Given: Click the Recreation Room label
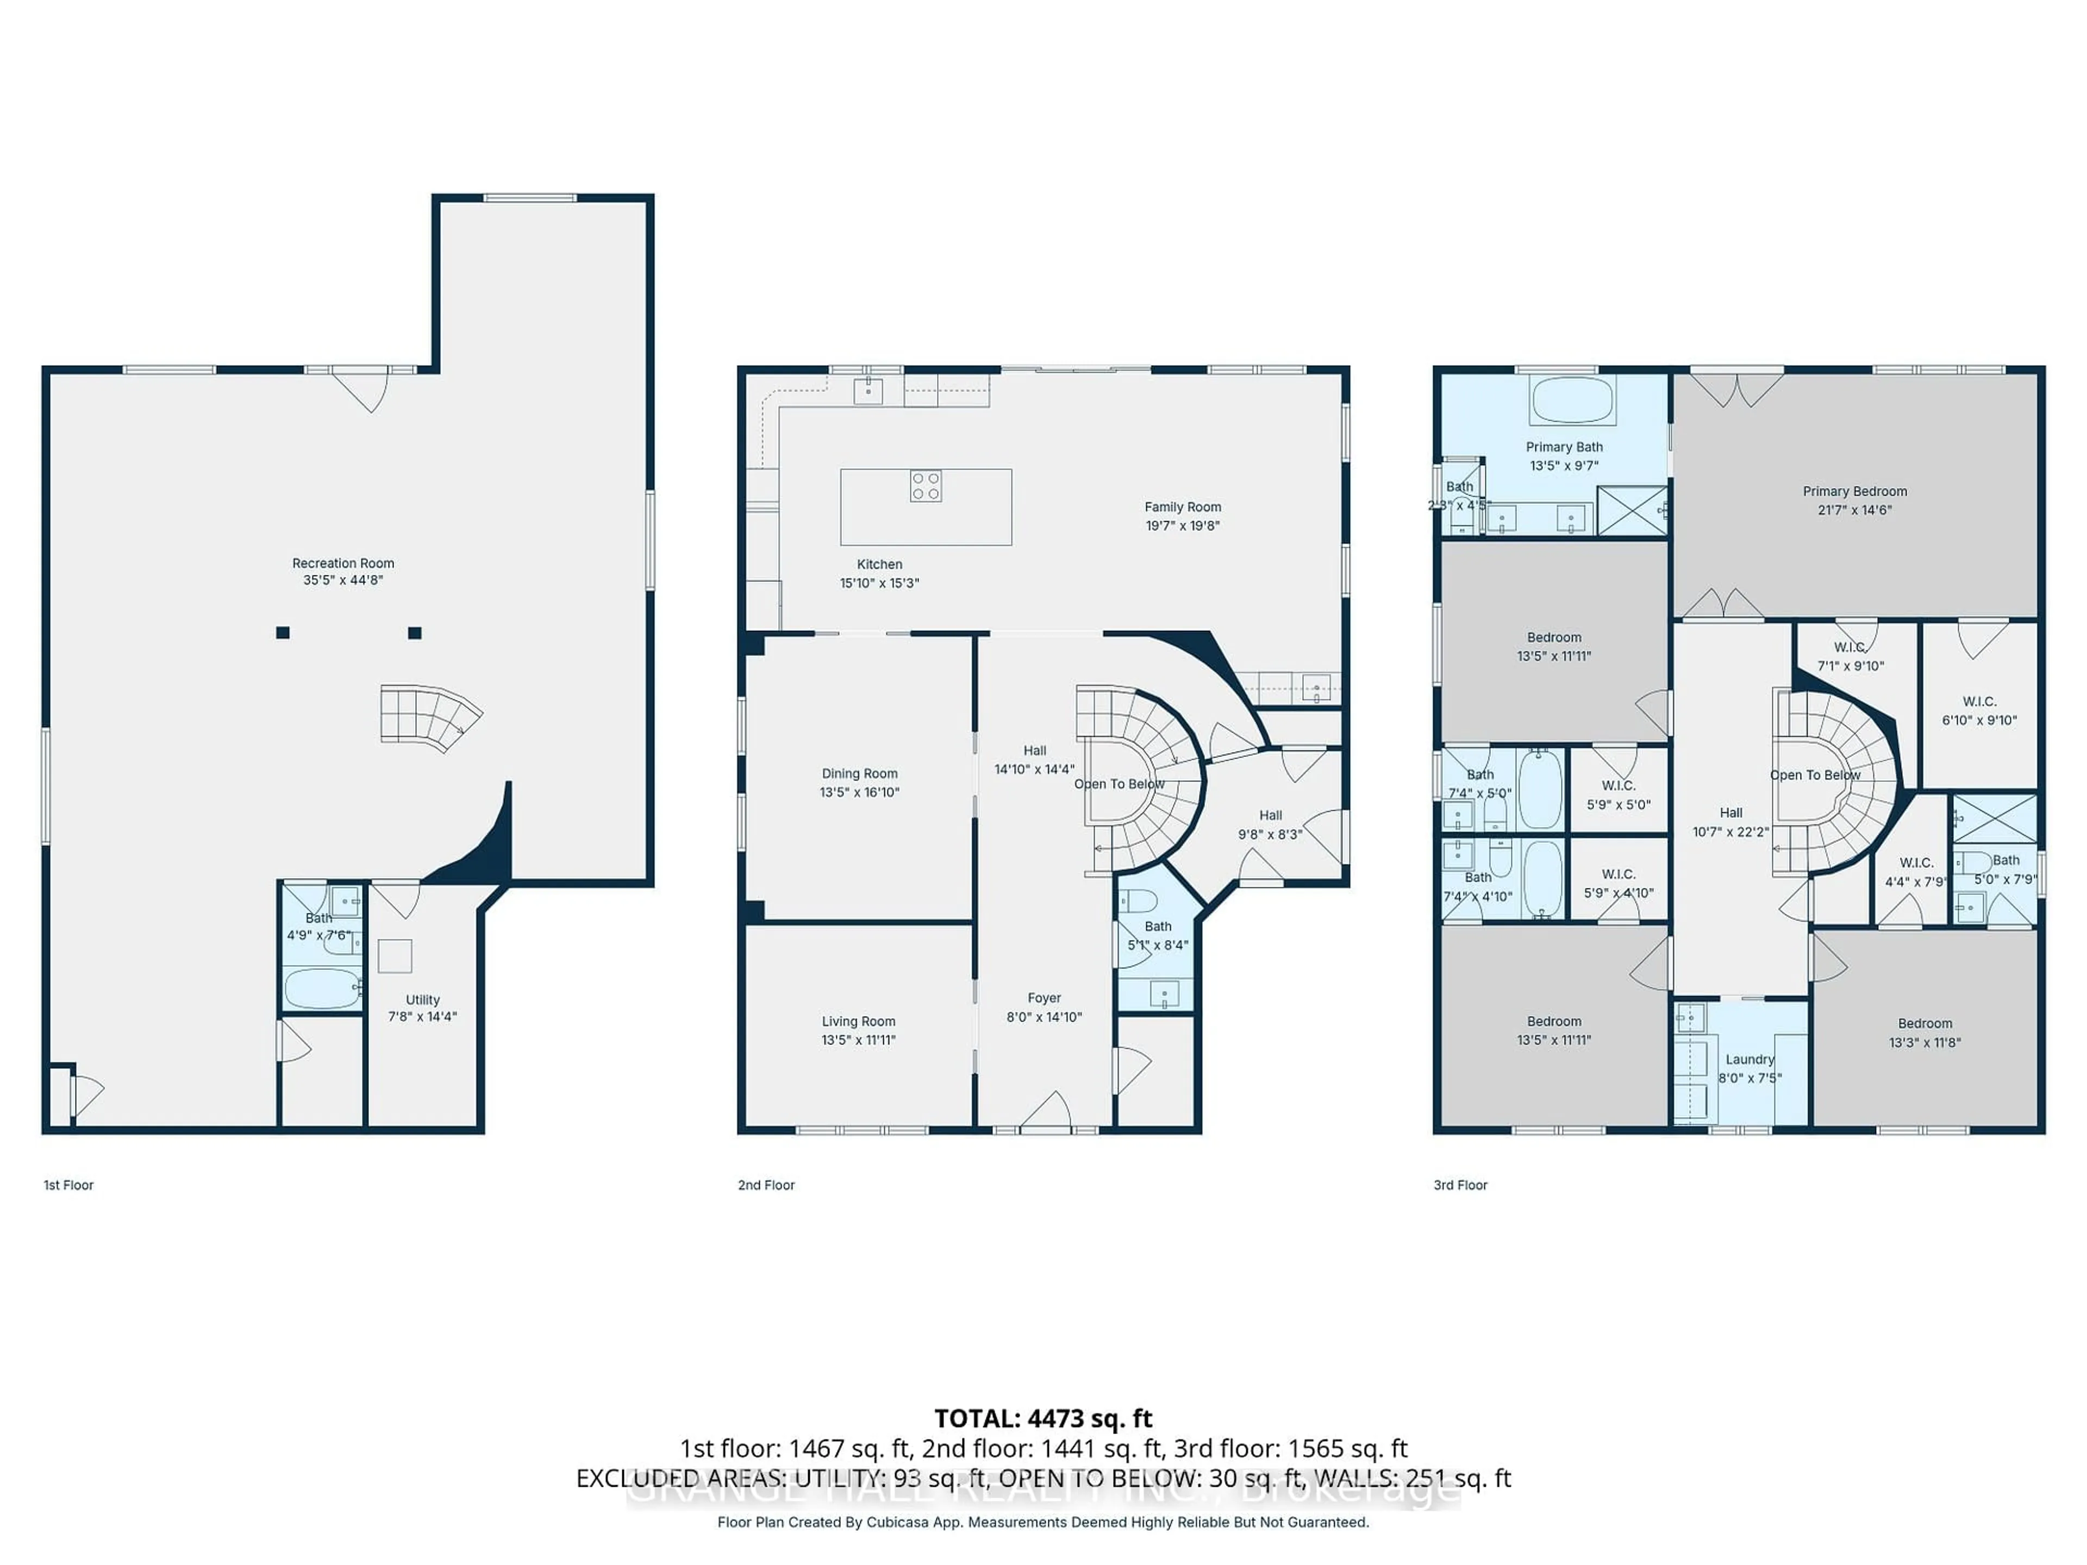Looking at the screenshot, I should [342, 563].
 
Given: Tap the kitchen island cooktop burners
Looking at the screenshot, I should [926, 486].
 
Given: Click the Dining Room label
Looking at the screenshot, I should [859, 774].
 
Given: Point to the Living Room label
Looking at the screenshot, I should [858, 1022].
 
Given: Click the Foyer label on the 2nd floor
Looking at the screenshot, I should [1043, 998].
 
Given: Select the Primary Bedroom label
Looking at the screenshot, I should [1854, 491].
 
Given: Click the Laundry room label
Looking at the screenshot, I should [1749, 1060].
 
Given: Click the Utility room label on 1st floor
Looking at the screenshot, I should [422, 1000].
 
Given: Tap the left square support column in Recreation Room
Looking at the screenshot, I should [282, 633].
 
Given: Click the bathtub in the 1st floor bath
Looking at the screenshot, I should [322, 988].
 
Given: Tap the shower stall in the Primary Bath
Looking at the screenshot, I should [1632, 510].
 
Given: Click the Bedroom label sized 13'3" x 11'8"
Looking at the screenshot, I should [1924, 1024].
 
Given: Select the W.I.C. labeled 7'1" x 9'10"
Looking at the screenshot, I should [1849, 656].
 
